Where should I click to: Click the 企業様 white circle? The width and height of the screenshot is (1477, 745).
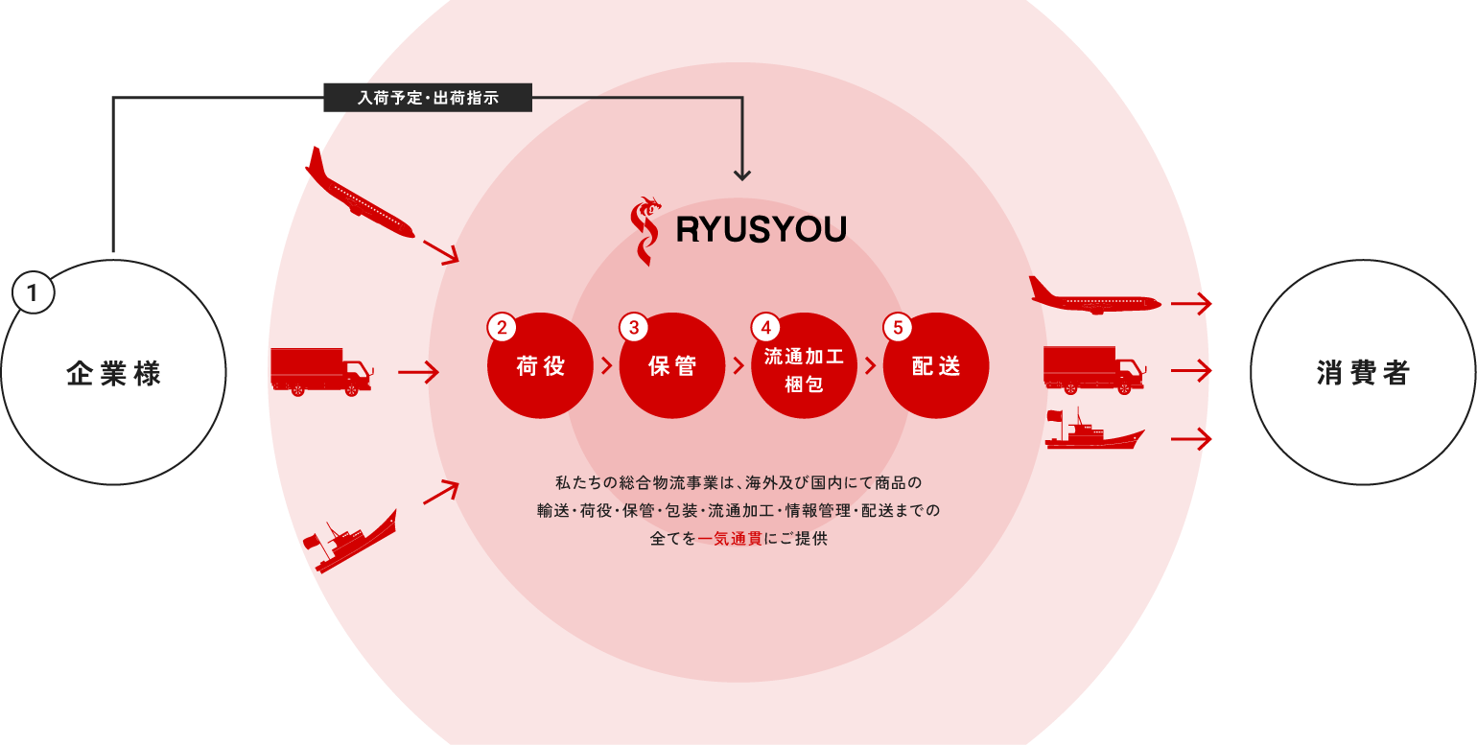click(113, 372)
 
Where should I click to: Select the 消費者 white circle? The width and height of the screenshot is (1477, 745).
click(1363, 372)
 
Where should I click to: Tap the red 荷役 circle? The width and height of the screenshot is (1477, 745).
click(540, 366)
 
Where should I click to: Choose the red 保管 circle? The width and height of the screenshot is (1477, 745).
click(671, 366)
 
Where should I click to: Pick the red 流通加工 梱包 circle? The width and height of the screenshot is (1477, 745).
click(804, 366)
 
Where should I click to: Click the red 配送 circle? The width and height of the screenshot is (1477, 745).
click(935, 366)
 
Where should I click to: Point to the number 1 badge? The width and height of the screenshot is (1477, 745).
click(34, 293)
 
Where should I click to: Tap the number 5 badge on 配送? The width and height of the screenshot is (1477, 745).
click(898, 327)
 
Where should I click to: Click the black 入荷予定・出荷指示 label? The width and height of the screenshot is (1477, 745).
click(428, 97)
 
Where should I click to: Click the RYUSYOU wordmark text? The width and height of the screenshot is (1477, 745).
click(761, 230)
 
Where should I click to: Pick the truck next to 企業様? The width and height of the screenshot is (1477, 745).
click(320, 371)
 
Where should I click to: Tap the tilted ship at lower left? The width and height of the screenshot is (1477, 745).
click(351, 541)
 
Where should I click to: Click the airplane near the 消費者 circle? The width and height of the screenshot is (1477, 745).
click(1094, 295)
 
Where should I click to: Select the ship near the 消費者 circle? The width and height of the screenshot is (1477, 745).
click(1093, 431)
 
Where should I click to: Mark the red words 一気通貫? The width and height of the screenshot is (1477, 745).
click(730, 539)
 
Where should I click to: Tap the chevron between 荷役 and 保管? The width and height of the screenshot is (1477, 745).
click(606, 365)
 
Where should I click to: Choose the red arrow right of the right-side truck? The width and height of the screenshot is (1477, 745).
click(1191, 371)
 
